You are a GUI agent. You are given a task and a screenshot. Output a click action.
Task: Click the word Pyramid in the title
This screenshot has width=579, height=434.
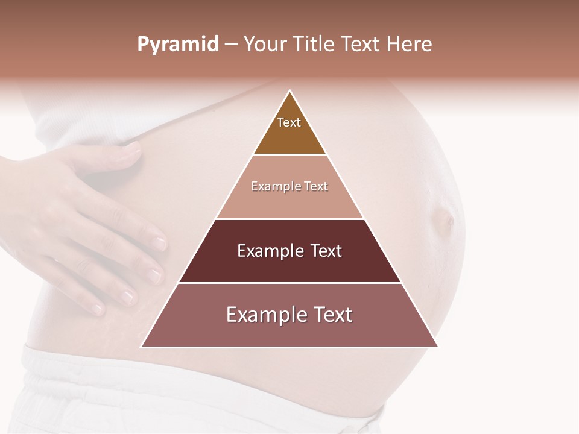click(x=178, y=45)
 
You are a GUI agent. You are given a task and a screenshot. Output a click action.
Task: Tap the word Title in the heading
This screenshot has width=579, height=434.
click(x=316, y=45)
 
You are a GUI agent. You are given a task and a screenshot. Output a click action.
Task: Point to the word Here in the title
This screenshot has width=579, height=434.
click(x=410, y=45)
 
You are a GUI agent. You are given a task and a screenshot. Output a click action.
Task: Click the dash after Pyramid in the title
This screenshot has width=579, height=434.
click(x=231, y=45)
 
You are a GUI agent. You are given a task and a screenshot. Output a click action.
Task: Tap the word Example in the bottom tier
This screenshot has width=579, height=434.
click(x=262, y=315)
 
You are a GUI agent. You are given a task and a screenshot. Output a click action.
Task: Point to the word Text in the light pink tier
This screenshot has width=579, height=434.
click(x=316, y=186)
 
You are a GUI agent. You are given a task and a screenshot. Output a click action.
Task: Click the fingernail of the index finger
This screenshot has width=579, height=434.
click(x=158, y=243)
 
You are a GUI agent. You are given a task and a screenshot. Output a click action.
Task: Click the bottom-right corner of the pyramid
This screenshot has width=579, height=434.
click(x=438, y=347)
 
